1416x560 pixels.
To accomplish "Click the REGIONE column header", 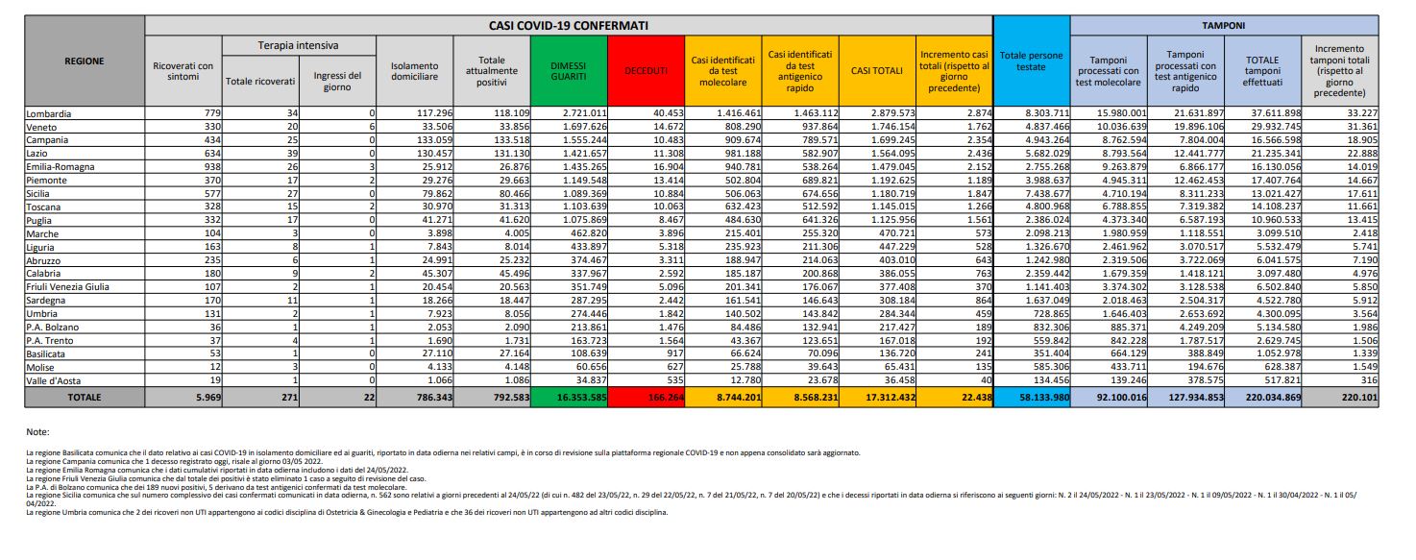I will tap(85, 61).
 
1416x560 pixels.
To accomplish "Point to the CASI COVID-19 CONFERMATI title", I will tap(568, 23).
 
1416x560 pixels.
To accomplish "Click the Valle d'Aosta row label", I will tap(57, 381).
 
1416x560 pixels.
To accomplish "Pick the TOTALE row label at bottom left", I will tap(85, 396).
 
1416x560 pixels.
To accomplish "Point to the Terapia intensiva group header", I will tap(299, 45).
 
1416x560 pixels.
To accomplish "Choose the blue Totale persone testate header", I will tap(1031, 61).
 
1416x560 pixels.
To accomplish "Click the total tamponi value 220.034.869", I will tap(1264, 396).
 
